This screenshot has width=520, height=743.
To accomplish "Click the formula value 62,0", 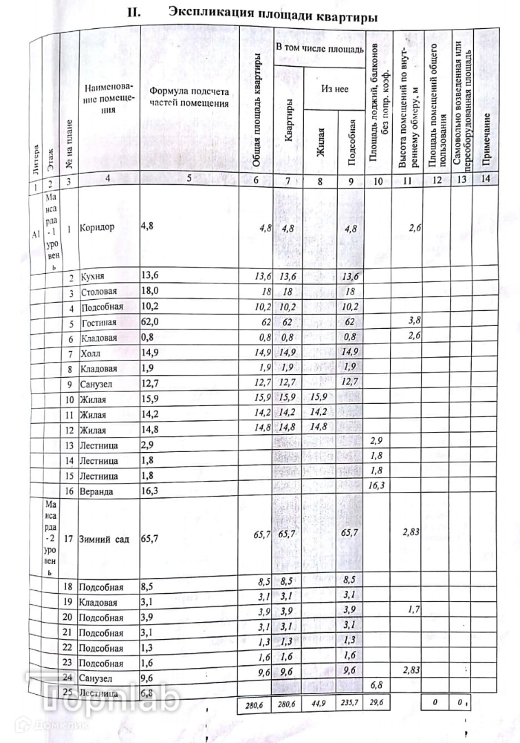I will [x=151, y=321].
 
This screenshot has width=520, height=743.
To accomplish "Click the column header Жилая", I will [x=320, y=140].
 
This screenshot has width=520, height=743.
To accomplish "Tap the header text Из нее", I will [x=335, y=89].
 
